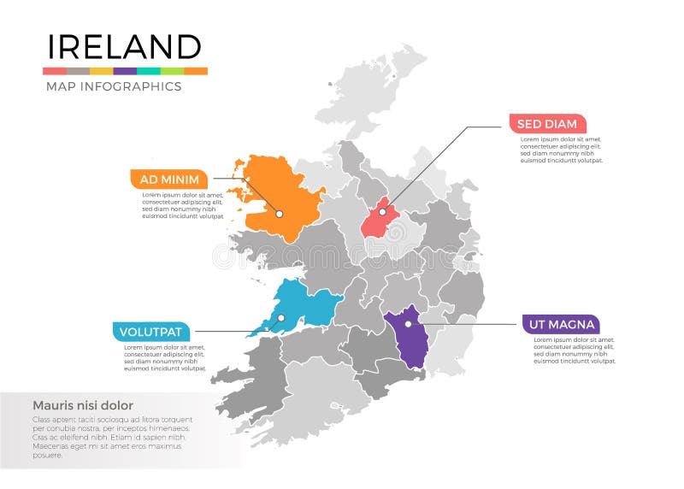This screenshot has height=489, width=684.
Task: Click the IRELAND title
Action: pyautogui.click(x=124, y=46)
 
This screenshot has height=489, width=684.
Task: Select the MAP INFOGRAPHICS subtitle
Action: pyautogui.click(x=113, y=86)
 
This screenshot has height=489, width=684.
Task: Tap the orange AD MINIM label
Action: pyautogui.click(x=169, y=180)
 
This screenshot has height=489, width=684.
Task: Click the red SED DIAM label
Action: pyautogui.click(x=547, y=124)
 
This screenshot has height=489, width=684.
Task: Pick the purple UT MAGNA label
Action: pyautogui.click(x=560, y=325)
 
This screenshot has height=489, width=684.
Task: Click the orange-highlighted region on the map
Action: pyautogui.click(x=274, y=192)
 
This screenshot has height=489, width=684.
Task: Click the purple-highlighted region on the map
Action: pyautogui.click(x=409, y=338)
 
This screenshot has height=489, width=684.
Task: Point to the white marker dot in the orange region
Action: pyautogui.click(x=279, y=213)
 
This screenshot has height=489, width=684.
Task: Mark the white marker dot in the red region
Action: pyautogui.click(x=382, y=211)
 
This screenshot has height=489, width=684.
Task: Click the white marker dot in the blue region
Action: pyautogui.click(x=279, y=318)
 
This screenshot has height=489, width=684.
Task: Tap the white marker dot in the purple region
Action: pyautogui.click(x=408, y=324)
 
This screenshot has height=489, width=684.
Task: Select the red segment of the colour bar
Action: pyautogui.click(x=55, y=71)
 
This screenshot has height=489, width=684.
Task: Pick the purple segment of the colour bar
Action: pyautogui.click(x=125, y=71)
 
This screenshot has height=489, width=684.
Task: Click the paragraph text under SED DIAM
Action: pyautogui.click(x=561, y=150)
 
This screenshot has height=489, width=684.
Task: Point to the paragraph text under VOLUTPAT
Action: pyautogui.click(x=166, y=358)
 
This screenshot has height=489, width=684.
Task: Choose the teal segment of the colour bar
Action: pyautogui.click(x=148, y=71)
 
